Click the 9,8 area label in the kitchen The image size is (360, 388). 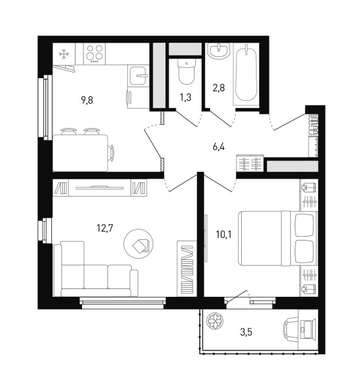(x=87, y=100)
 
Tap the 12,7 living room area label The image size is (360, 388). (x=105, y=228)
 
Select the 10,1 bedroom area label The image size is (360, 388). (x=224, y=234)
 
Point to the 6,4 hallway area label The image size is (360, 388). (x=218, y=147)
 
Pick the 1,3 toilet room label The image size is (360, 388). (x=185, y=98)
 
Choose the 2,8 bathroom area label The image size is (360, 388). (x=219, y=88)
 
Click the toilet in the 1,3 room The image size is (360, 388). (x=186, y=72)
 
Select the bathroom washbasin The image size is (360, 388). (x=219, y=50)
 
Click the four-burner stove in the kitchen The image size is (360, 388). (x=94, y=54)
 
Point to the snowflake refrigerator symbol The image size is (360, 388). (x=65, y=54)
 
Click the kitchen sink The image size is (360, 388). (x=138, y=76)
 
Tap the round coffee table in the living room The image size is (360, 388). (x=138, y=244)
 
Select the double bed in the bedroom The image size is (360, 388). (x=278, y=238)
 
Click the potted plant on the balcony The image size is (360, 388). (x=215, y=321)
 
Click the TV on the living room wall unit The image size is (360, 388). (x=100, y=188)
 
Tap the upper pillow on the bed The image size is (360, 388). (x=304, y=224)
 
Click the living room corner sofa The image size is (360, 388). (x=96, y=269)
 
